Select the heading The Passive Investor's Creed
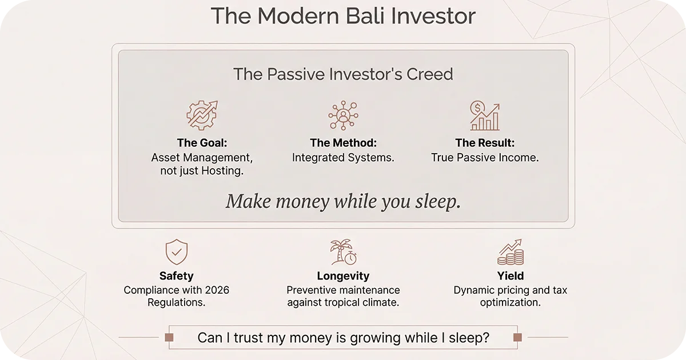click(x=343, y=74)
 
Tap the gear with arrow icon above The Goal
click(x=202, y=115)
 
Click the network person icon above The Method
click(x=343, y=115)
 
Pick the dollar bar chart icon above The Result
click(x=485, y=115)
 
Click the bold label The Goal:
click(x=202, y=143)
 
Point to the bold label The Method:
click(x=343, y=143)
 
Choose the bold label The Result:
click(x=485, y=143)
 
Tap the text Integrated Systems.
click(x=343, y=158)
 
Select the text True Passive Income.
click(x=485, y=158)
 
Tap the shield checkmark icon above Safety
click(x=177, y=252)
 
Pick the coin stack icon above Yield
click(x=510, y=252)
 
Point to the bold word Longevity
click(x=343, y=277)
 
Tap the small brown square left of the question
click(x=169, y=338)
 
